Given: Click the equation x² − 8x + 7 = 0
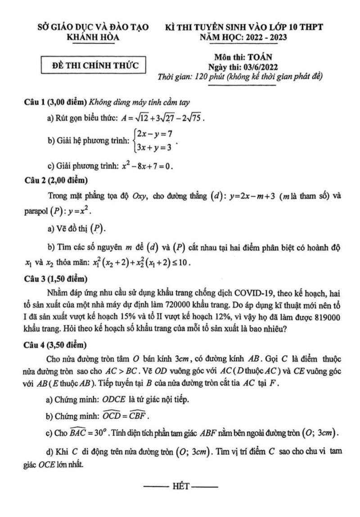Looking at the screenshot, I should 147,166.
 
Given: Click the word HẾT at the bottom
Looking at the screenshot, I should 180,487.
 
